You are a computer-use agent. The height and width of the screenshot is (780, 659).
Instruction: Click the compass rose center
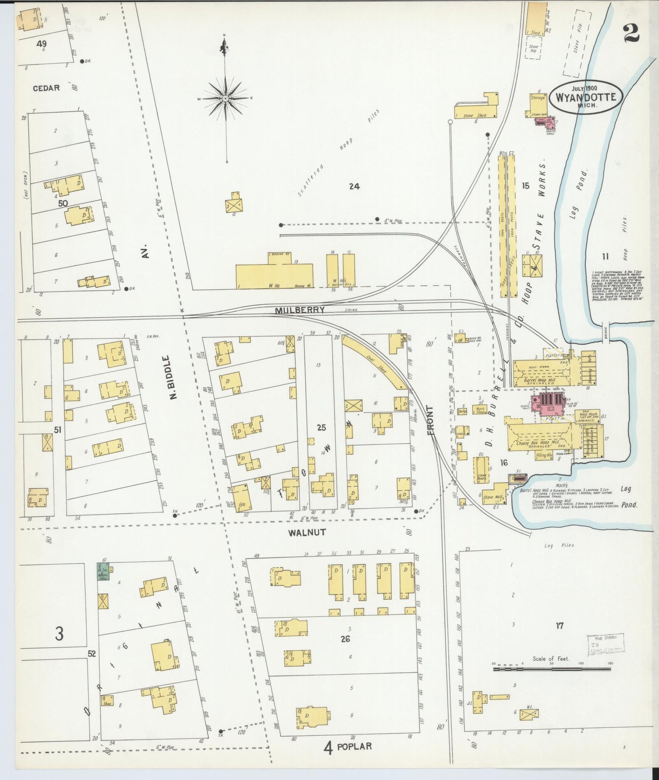point(225,98)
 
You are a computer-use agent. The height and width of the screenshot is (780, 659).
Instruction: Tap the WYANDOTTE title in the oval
point(586,97)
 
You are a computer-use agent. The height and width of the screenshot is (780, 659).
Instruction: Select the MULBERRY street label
point(300,310)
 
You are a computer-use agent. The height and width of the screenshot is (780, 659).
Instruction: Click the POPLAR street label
point(354,747)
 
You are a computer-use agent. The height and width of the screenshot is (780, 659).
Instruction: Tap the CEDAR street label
point(46,88)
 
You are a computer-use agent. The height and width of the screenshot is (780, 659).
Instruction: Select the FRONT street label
point(431,420)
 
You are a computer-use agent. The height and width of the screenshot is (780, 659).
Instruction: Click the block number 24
point(354,186)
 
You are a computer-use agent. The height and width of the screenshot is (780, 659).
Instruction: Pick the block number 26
point(345,639)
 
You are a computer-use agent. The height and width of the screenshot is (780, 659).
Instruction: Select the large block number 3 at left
point(59,634)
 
